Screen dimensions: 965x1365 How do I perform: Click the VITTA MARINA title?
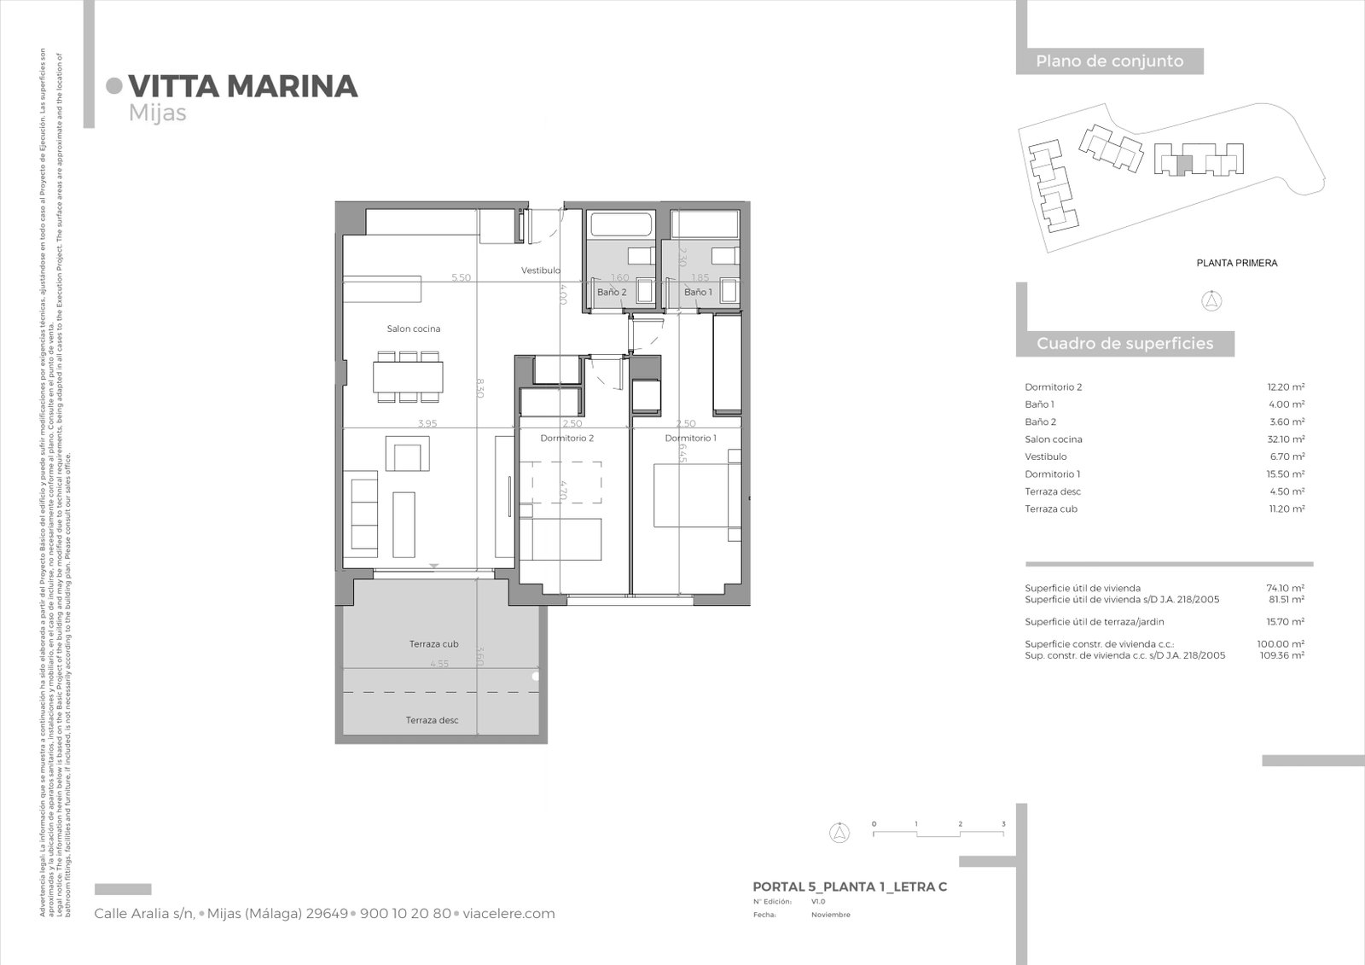[x=242, y=86]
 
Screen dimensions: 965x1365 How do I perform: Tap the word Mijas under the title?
[x=157, y=113]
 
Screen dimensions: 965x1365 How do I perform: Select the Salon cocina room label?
[x=413, y=328]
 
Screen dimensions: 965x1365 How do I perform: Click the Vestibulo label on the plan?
[x=541, y=270]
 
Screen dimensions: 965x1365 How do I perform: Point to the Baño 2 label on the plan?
[x=612, y=292]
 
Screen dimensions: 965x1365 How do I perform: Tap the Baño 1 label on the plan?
[x=698, y=292]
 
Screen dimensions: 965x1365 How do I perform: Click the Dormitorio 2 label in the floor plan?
[x=566, y=438]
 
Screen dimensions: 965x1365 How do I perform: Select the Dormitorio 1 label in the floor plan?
[x=690, y=438]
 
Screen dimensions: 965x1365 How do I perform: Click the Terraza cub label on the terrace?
[x=433, y=644]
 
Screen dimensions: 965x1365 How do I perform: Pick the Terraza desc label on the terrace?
[x=432, y=720]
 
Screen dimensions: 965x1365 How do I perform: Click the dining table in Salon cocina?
[x=408, y=377]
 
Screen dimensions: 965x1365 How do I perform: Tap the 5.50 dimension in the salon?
[x=460, y=277]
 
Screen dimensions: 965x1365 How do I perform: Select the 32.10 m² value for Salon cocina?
[x=1286, y=439]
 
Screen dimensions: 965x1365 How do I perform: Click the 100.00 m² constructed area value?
[x=1285, y=644]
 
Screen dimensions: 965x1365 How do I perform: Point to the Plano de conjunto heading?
[x=1109, y=61]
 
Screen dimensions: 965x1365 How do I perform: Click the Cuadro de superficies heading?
[x=1124, y=344]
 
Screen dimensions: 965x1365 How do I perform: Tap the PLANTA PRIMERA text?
[x=1236, y=263]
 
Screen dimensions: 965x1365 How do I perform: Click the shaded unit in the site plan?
[x=1182, y=166]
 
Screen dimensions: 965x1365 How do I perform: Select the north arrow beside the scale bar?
[x=840, y=833]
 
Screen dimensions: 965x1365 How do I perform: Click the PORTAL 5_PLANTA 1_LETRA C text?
[x=850, y=887]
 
